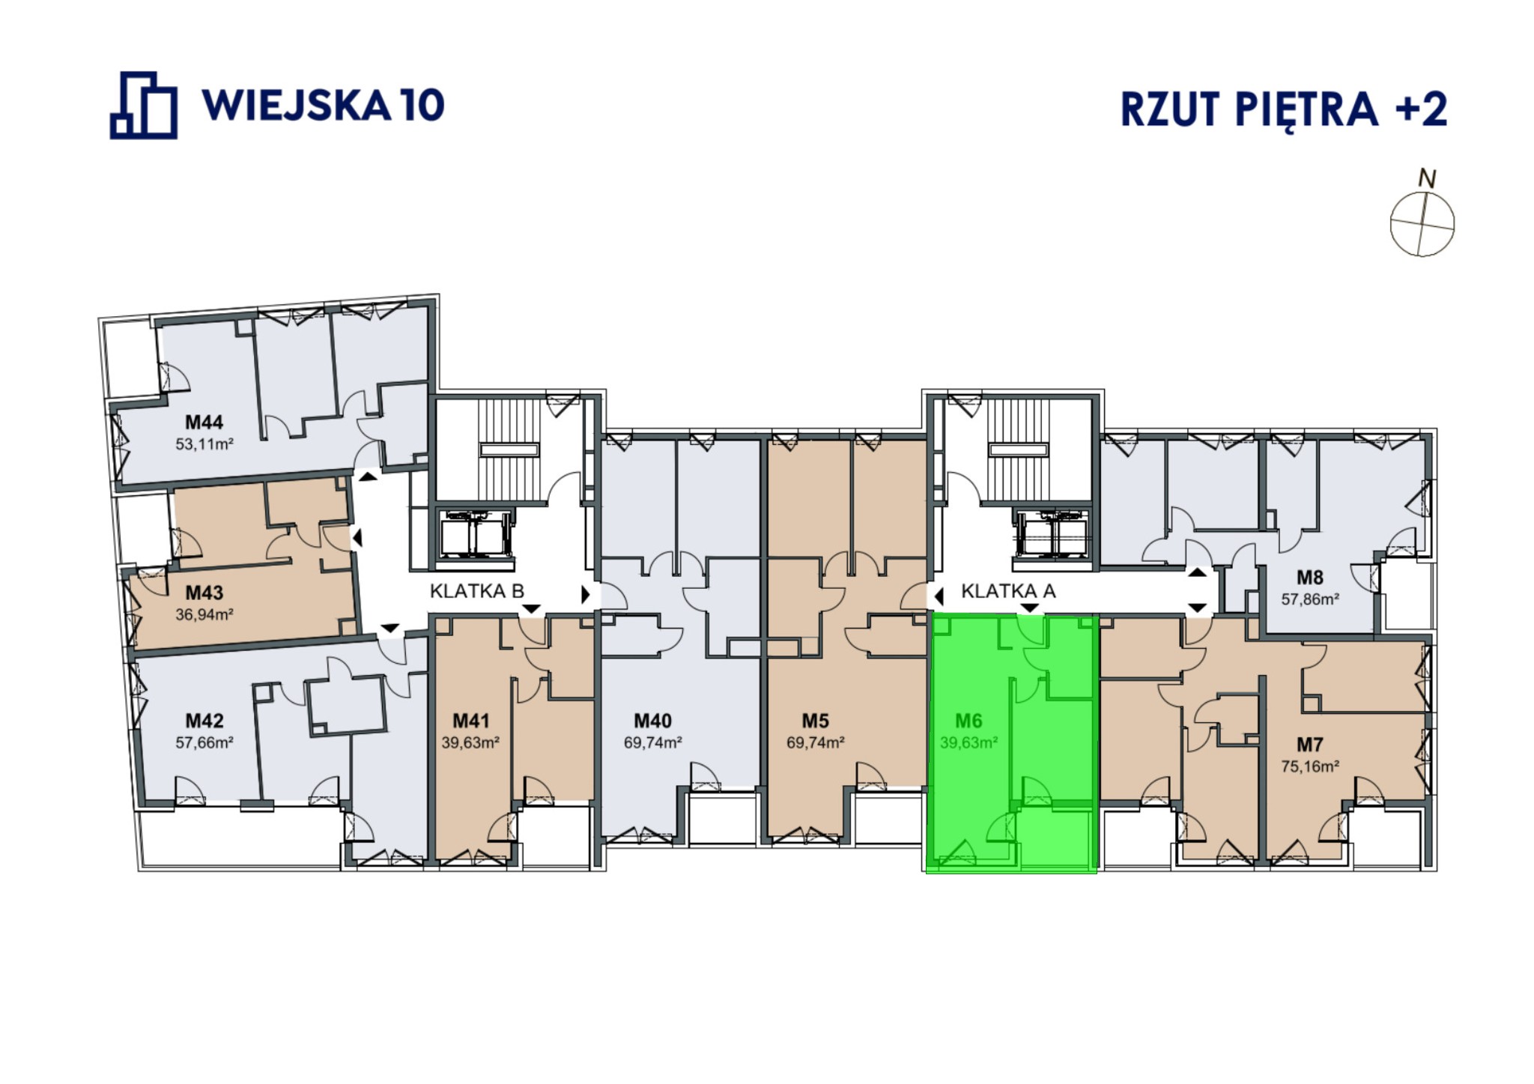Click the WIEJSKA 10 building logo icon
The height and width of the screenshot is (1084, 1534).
(144, 106)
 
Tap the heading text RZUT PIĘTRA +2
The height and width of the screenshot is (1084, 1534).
(1283, 110)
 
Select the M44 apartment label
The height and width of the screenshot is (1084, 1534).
(204, 422)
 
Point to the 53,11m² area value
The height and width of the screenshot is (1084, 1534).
(204, 444)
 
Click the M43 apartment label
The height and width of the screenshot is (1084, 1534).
(204, 593)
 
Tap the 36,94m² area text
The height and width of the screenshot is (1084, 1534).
(204, 615)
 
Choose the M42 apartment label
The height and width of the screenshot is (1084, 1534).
(204, 721)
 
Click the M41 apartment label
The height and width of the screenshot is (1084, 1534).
(470, 721)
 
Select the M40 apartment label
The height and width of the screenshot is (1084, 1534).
(652, 721)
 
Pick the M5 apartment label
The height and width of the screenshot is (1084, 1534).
(816, 721)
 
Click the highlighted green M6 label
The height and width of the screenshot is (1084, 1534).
(968, 721)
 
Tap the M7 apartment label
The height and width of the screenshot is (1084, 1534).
(1310, 745)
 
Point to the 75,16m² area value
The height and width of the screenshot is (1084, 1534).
(1310, 766)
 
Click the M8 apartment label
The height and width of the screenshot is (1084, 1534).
(1310, 578)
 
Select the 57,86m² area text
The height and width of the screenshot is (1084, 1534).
(1310, 599)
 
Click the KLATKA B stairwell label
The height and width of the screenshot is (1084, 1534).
(477, 591)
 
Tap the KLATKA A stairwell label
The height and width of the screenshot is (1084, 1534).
(1008, 591)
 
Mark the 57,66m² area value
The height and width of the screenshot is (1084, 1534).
(204, 743)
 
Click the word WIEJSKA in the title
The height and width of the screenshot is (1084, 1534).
(297, 105)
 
